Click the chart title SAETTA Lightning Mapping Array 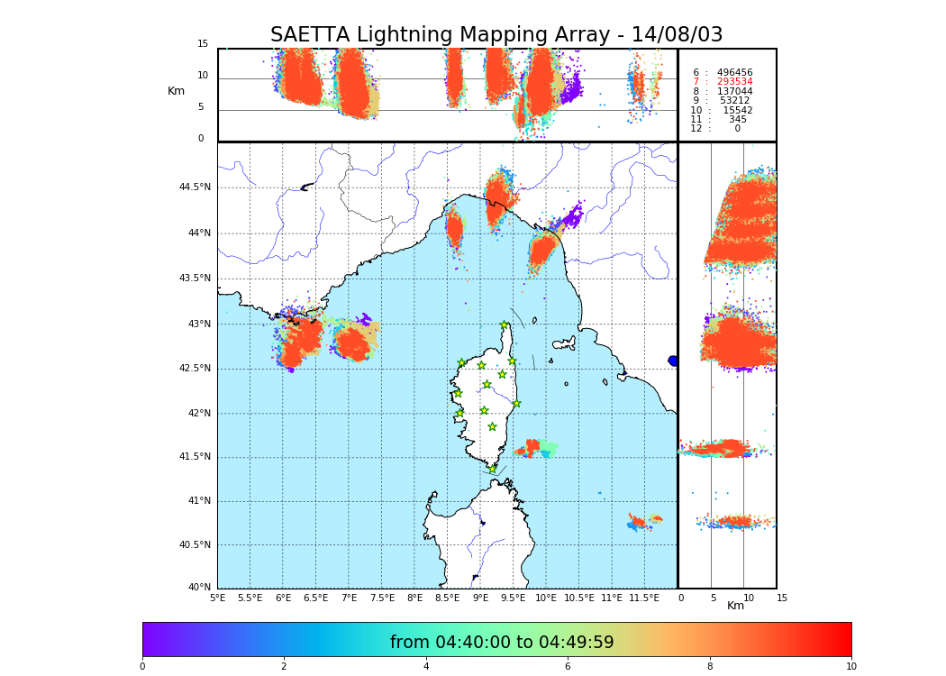tap(496, 35)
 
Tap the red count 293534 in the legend tap(734, 82)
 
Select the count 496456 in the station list tap(734, 73)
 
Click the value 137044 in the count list tap(734, 92)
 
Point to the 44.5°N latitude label tap(195, 187)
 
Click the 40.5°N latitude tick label tap(195, 545)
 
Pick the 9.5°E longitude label tap(513, 598)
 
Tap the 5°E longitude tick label tap(217, 598)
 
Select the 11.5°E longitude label tap(644, 598)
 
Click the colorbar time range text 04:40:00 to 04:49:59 tap(502, 642)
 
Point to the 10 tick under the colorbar tap(850, 666)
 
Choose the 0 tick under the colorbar tap(142, 666)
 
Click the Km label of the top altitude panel tap(176, 91)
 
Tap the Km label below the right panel tap(735, 606)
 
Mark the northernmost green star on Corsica tap(505, 325)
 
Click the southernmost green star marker tap(492, 469)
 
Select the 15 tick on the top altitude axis tap(203, 44)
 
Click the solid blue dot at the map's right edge tap(673, 361)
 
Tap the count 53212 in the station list tap(734, 101)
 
